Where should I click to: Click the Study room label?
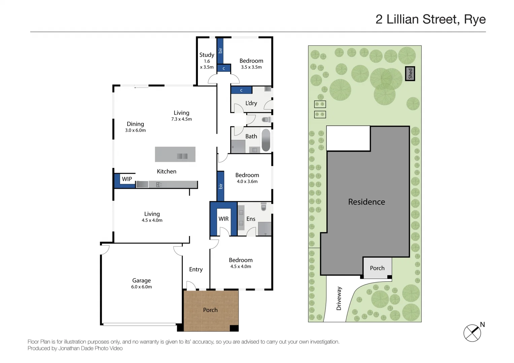[x=207, y=55]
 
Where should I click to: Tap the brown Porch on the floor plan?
[x=210, y=310]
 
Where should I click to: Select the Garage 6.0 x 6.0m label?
[x=141, y=283]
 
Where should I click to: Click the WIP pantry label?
[x=127, y=179]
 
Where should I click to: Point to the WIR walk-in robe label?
[x=224, y=219]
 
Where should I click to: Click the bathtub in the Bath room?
[x=266, y=140]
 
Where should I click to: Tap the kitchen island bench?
[x=175, y=154]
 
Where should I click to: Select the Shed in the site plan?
[x=410, y=74]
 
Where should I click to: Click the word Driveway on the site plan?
[x=339, y=298]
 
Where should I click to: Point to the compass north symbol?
[x=473, y=333]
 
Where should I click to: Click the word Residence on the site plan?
[x=367, y=202]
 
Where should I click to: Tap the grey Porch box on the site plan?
[x=377, y=268]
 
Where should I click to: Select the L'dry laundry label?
[x=251, y=103]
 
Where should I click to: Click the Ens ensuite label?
[x=251, y=219]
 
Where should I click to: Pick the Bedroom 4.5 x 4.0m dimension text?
[x=241, y=267]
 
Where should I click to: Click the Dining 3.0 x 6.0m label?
[x=135, y=127]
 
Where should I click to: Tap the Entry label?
[x=196, y=270]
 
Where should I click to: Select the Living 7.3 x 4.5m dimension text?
[x=181, y=119]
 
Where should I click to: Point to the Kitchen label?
[x=167, y=171]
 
